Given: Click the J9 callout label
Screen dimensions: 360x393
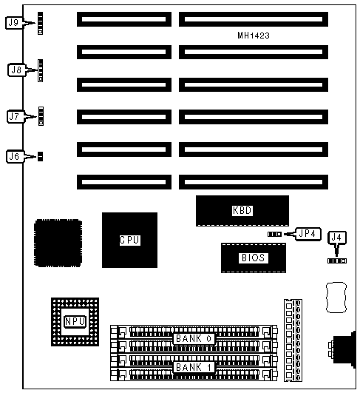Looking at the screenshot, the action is tap(14, 23).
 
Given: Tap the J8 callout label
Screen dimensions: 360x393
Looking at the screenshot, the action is tap(16, 70).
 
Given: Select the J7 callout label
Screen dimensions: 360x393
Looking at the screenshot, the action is tap(15, 116).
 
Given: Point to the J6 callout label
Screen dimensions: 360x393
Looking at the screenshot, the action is tap(15, 157).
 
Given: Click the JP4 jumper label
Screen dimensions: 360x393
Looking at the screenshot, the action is tap(308, 234).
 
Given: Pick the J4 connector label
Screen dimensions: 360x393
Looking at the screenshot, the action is tap(337, 238).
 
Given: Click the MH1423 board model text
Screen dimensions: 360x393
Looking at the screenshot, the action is tap(254, 36).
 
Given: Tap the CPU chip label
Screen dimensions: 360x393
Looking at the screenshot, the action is tap(129, 240).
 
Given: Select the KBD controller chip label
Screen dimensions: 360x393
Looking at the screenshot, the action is tap(242, 210).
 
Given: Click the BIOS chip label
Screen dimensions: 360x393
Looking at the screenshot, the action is tap(253, 258).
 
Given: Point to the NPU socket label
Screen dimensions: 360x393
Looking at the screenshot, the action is tap(75, 321).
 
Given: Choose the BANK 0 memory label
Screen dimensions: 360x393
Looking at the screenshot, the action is tap(194, 339).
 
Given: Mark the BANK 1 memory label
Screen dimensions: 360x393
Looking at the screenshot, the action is tap(194, 367).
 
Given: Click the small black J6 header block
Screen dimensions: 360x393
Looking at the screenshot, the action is tap(40, 156).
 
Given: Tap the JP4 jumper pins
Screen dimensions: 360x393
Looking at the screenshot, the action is tap(274, 234).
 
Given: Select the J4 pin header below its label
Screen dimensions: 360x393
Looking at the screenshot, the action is tap(337, 261).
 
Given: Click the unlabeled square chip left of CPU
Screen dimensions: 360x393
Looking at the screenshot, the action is tap(58, 243).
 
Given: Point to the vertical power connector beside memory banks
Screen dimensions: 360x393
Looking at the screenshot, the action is tap(293, 340).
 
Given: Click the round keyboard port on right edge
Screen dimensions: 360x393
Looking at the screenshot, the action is tap(344, 349).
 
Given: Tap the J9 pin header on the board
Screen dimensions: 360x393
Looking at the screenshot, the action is tap(40, 23).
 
